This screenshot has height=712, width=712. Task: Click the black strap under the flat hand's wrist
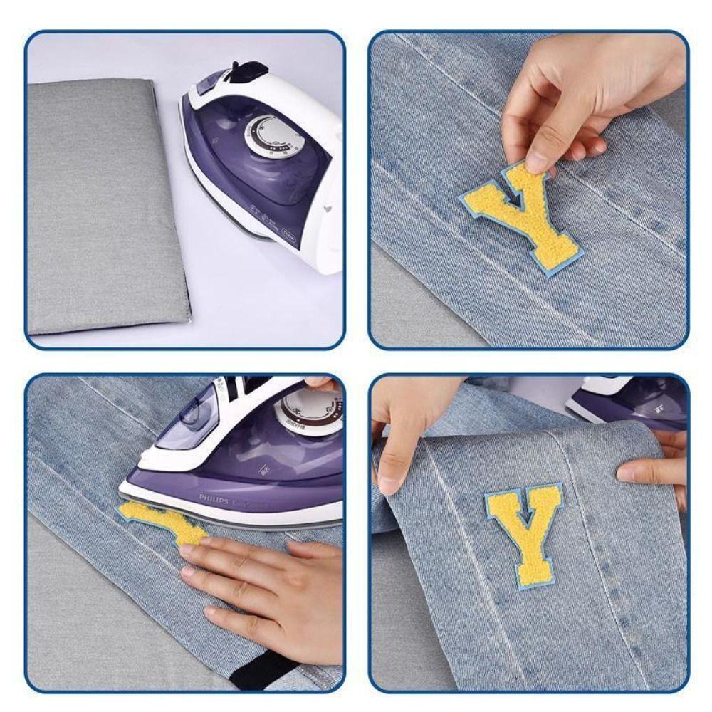pyautogui.click(x=263, y=669)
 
